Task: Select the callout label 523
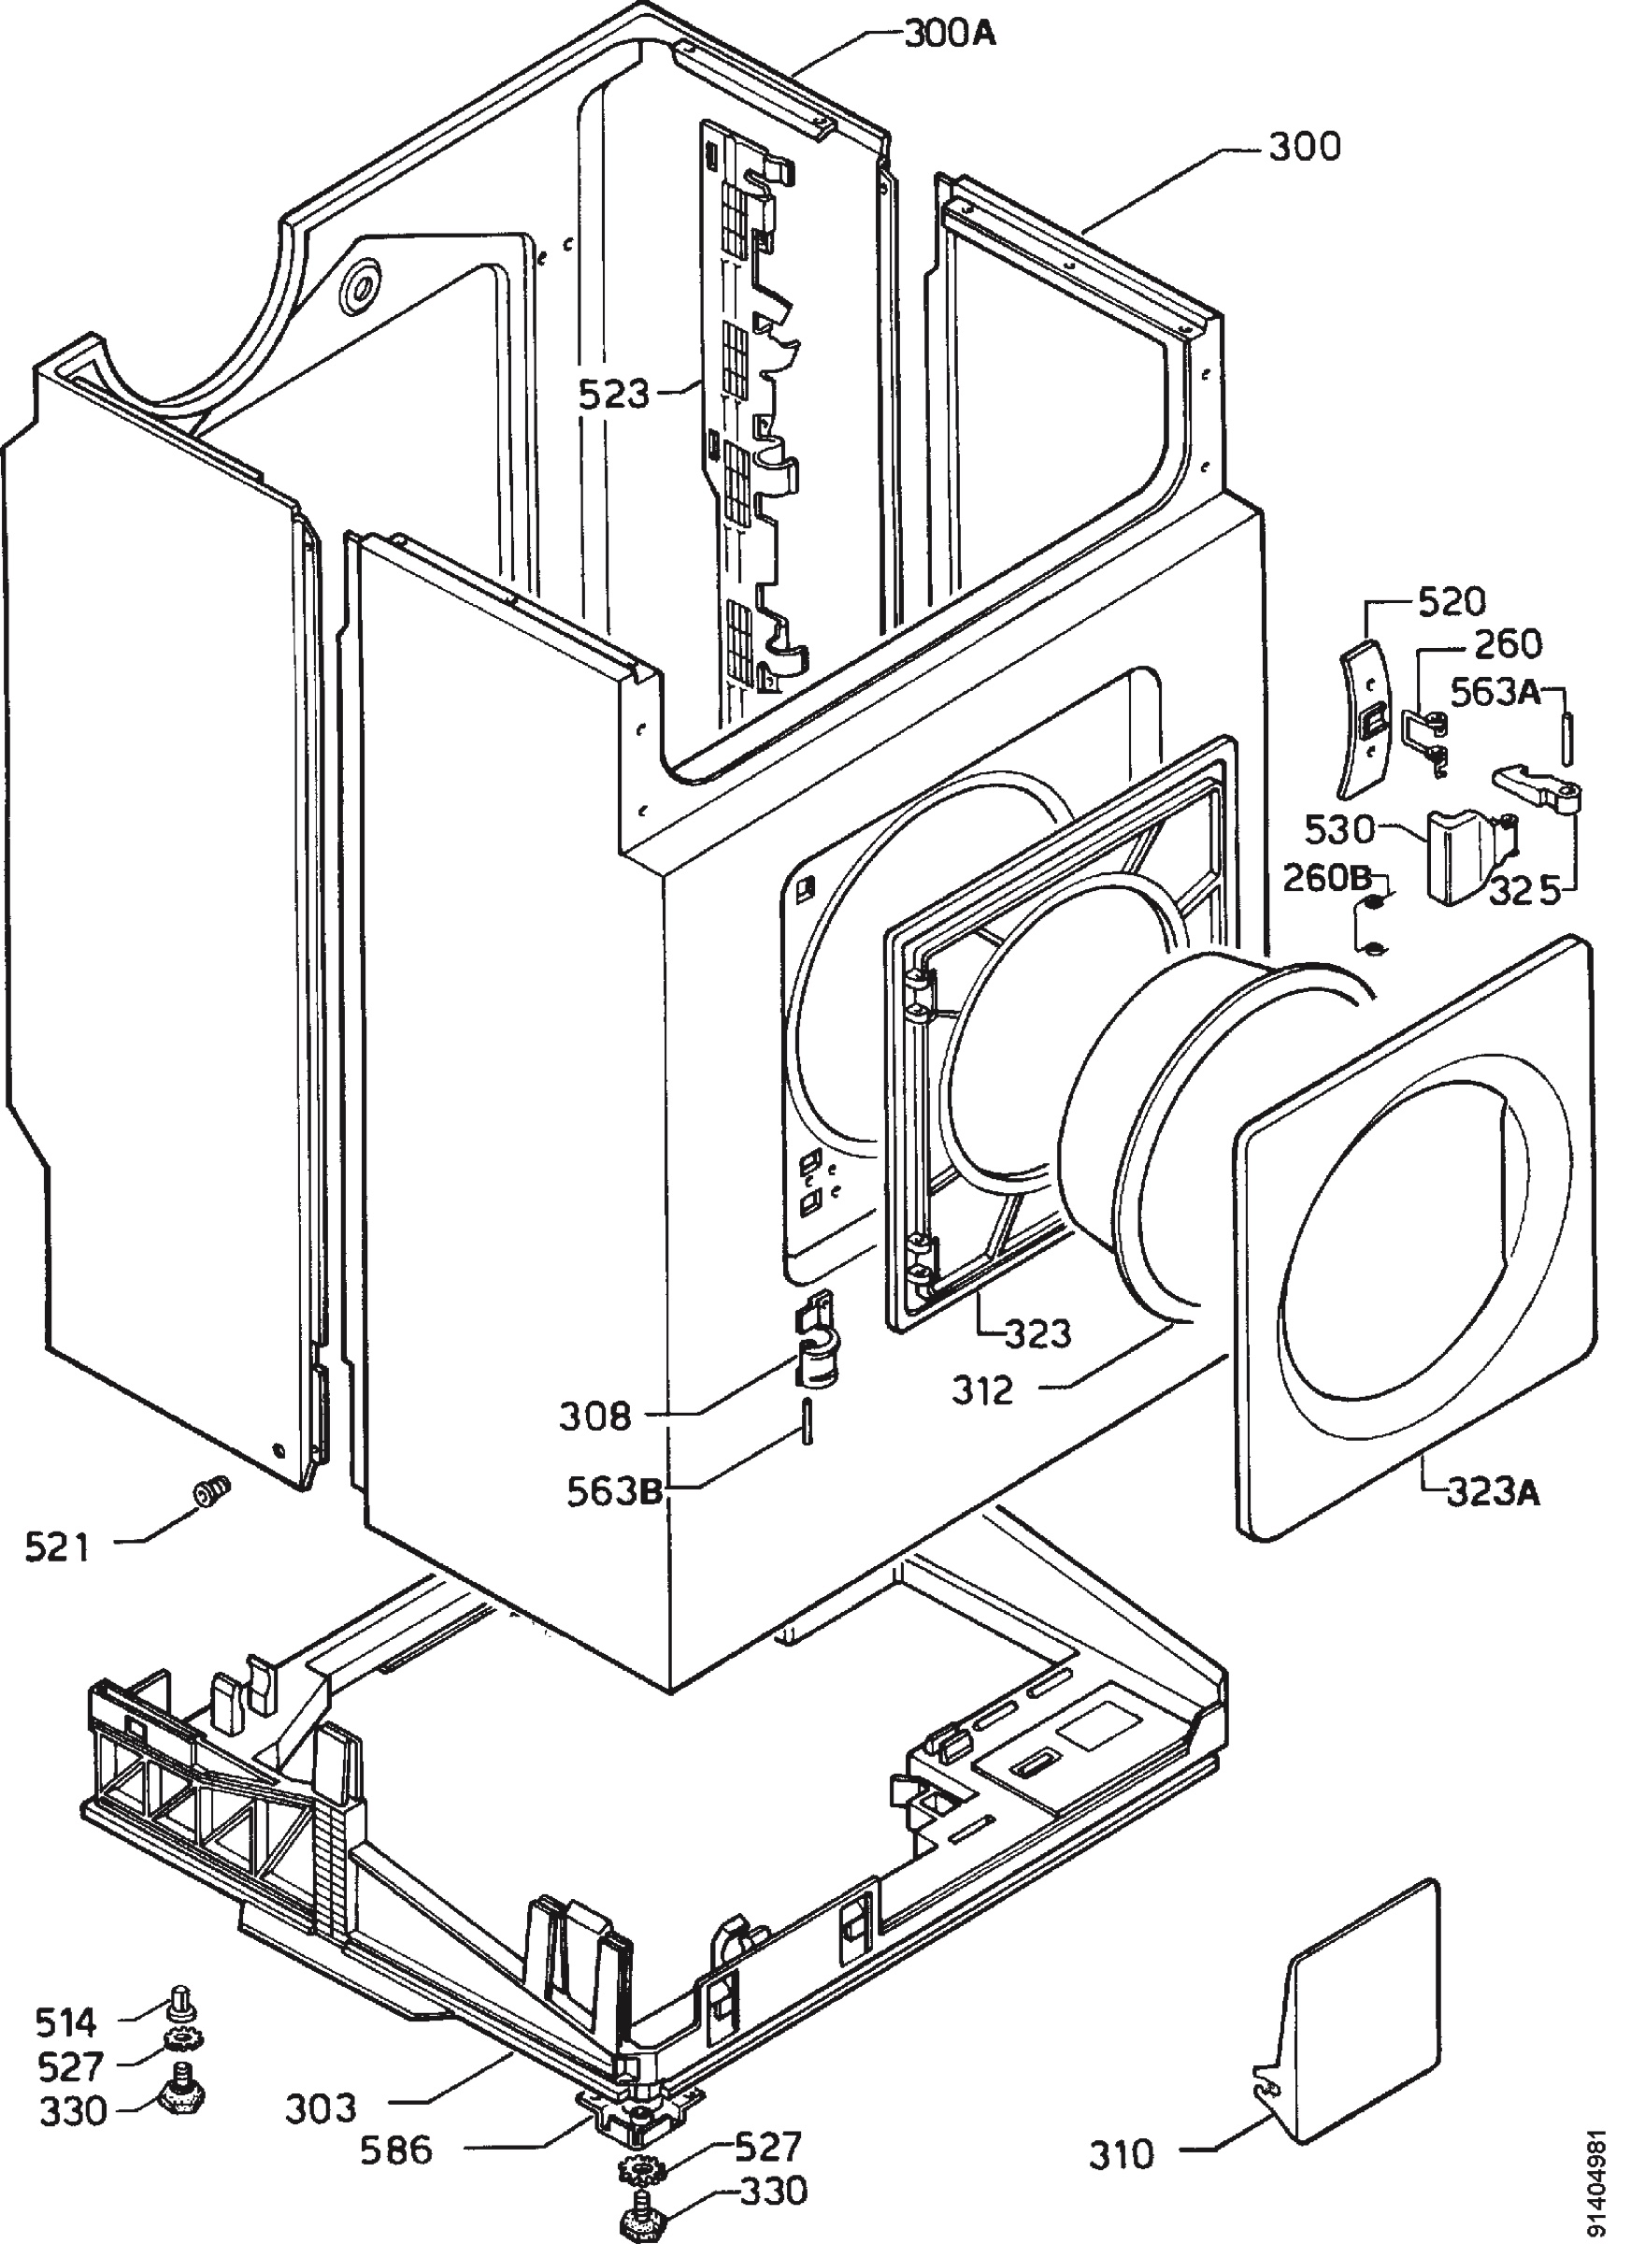click(614, 396)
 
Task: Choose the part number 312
click(983, 1390)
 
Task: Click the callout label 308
click(594, 1416)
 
